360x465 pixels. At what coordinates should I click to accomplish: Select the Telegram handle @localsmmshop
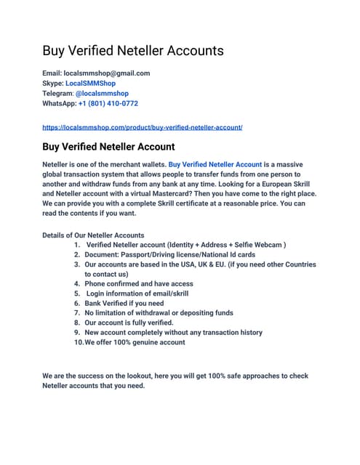[103, 94]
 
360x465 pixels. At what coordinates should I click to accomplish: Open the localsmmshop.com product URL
[143, 127]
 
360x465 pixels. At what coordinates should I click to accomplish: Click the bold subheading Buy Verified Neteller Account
[108, 147]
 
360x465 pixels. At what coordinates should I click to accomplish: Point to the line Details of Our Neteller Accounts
[93, 235]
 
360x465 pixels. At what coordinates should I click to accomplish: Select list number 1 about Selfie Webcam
[185, 245]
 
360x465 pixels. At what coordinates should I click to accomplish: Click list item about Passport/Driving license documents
[169, 255]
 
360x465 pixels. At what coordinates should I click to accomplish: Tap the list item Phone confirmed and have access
[139, 284]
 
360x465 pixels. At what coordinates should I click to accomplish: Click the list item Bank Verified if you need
[124, 303]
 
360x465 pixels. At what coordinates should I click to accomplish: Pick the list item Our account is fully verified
[129, 323]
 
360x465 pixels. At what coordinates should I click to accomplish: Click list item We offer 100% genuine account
[135, 341]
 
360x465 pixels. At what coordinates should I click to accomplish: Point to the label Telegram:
[58, 94]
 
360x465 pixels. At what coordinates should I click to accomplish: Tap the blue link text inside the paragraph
[215, 164]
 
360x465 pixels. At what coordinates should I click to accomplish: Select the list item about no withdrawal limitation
[159, 313]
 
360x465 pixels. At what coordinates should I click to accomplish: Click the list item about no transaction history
[173, 332]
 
